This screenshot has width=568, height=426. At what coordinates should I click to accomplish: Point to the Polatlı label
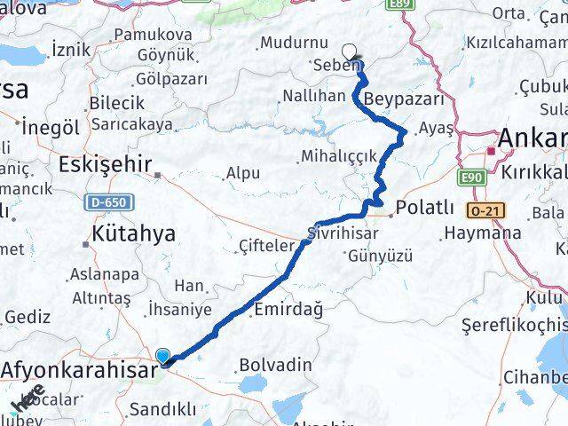pos(425,208)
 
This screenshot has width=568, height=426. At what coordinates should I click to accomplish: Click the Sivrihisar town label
pos(342,233)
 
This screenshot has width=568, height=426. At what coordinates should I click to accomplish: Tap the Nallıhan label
pos(313,96)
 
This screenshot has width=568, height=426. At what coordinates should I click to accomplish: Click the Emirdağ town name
pos(288,309)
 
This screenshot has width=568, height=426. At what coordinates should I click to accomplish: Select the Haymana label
pos(482,233)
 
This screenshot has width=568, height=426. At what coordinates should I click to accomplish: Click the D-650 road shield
pos(110,202)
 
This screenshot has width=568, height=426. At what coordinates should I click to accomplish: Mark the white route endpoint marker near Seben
pos(351,51)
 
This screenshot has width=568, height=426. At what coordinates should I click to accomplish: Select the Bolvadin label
pos(275,364)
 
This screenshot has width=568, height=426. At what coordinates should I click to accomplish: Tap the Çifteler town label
pos(266,245)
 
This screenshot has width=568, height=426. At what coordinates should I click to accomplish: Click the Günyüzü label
pos(381,256)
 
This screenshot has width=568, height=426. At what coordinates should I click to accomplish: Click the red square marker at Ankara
pos(491,151)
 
